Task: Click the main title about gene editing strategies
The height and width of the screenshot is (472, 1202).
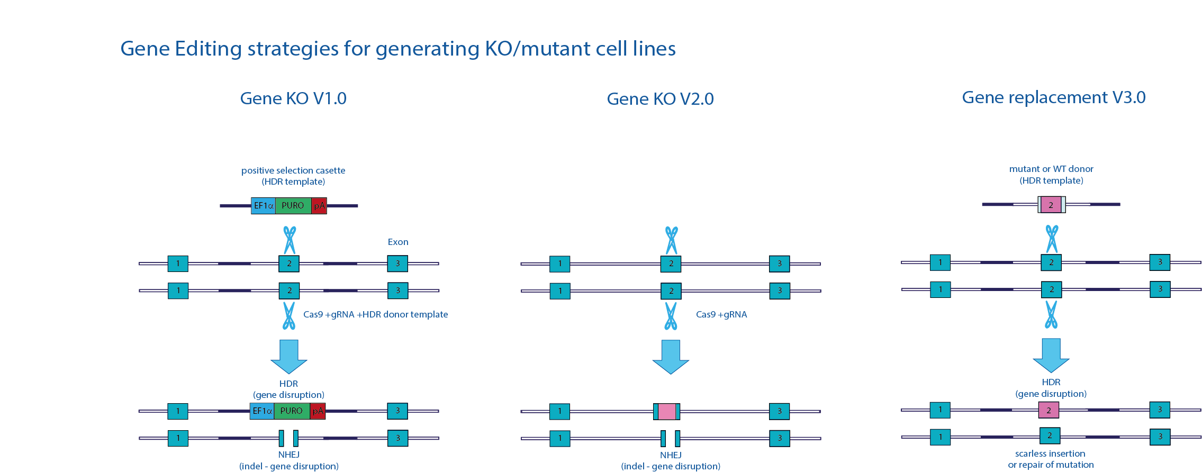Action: pos(397,49)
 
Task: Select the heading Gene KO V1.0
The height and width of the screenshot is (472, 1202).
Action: pos(293,98)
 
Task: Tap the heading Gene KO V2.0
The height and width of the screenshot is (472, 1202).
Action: pos(660,99)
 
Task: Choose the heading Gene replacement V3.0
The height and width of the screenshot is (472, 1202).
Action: pos(1053,97)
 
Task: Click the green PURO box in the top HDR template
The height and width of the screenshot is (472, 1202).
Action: pos(293,205)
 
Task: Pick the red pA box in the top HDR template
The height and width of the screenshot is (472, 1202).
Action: pos(319,205)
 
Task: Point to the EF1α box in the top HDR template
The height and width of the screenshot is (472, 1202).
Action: pos(263,205)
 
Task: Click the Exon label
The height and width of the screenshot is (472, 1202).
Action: pos(398,242)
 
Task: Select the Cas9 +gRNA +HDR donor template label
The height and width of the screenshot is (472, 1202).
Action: pos(375,314)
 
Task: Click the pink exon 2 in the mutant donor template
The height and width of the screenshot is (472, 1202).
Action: pos(1051,205)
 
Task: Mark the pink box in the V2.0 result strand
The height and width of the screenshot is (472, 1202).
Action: pos(667,411)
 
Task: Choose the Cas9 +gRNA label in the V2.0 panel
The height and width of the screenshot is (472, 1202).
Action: pos(721,314)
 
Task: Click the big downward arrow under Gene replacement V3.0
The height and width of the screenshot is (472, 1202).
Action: pos(1051,355)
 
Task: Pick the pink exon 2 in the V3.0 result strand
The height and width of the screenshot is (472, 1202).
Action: pos(1049,410)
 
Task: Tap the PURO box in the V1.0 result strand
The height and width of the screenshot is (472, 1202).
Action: pos(292,411)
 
